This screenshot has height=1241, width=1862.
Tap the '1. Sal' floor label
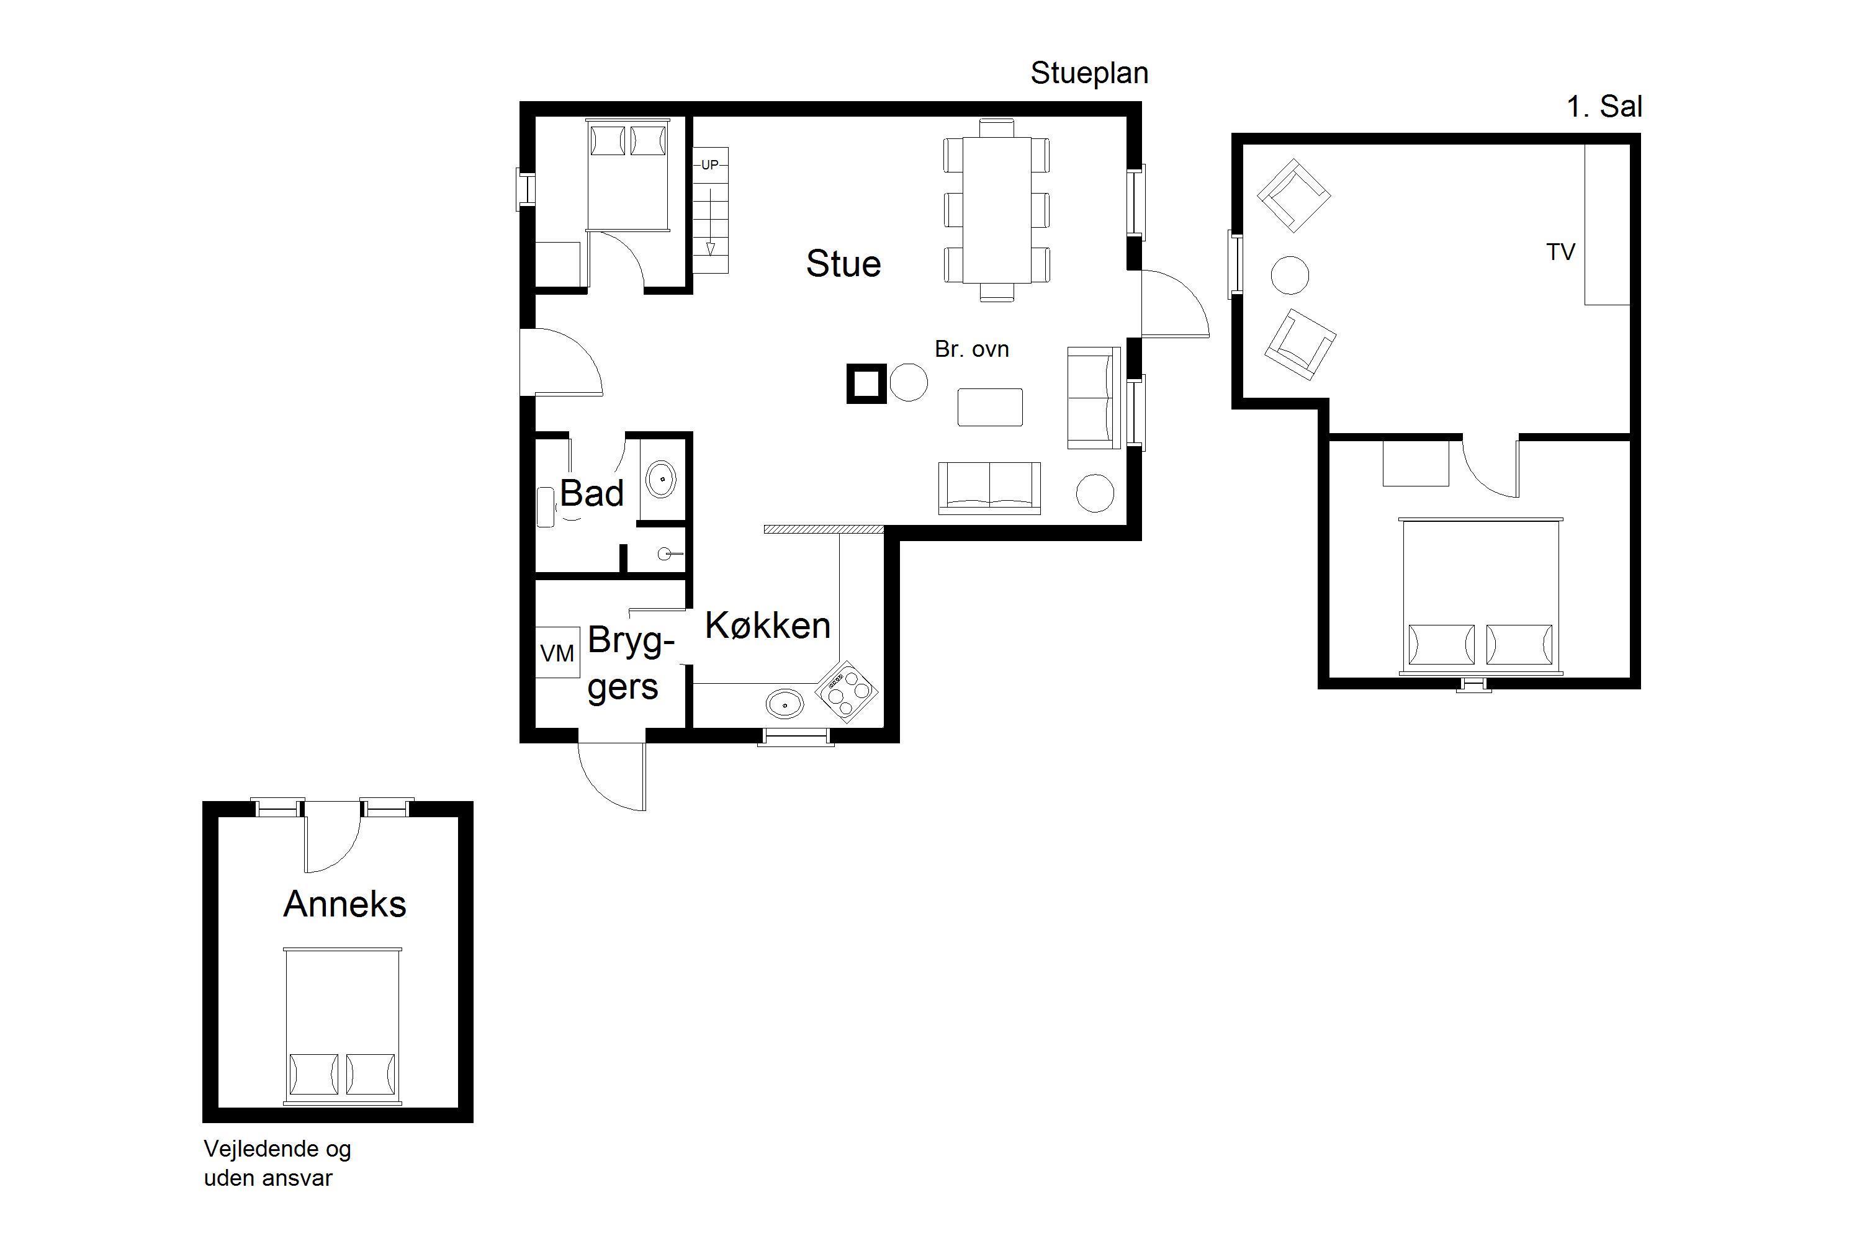[1604, 106]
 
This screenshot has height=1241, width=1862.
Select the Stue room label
[843, 264]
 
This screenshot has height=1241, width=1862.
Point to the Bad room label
[592, 493]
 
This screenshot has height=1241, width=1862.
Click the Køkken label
[768, 625]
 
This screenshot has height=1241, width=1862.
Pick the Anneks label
[344, 904]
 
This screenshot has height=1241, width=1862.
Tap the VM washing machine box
[557, 653]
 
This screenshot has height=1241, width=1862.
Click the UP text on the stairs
[710, 164]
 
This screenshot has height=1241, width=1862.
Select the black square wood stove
[866, 384]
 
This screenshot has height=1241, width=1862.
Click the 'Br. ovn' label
[971, 349]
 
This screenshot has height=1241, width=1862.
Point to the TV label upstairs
[1560, 252]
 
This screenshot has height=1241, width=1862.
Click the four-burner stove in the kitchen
[847, 692]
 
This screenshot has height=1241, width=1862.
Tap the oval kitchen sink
[785, 704]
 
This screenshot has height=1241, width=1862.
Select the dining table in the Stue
[997, 210]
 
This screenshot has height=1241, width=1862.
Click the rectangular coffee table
[989, 407]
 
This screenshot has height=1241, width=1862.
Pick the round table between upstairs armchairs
[1290, 276]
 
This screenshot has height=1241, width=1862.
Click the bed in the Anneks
[343, 1026]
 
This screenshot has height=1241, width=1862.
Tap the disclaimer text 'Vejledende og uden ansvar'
[277, 1163]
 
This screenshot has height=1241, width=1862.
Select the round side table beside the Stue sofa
[1095, 493]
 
